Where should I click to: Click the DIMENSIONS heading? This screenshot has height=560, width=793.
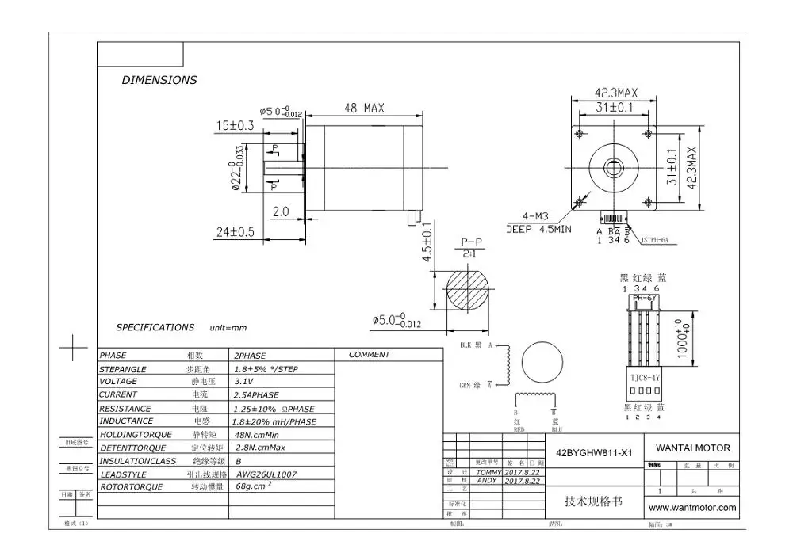pos(159,80)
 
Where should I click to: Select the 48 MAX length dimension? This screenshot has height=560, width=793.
pos(363,109)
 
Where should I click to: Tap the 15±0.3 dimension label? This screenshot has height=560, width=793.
pos(235,125)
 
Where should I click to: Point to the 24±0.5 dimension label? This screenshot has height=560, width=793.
pos(235,232)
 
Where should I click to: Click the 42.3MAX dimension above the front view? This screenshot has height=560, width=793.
pos(616,92)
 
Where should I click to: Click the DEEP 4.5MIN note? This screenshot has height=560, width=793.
pos(538,230)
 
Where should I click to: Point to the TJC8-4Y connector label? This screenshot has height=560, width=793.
pos(641,378)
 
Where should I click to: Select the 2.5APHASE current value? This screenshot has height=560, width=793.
pos(256,394)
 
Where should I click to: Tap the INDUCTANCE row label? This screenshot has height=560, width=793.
pos(127,421)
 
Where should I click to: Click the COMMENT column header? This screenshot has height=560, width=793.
pos(369,355)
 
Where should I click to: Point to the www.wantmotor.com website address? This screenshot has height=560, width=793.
pos(692,507)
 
